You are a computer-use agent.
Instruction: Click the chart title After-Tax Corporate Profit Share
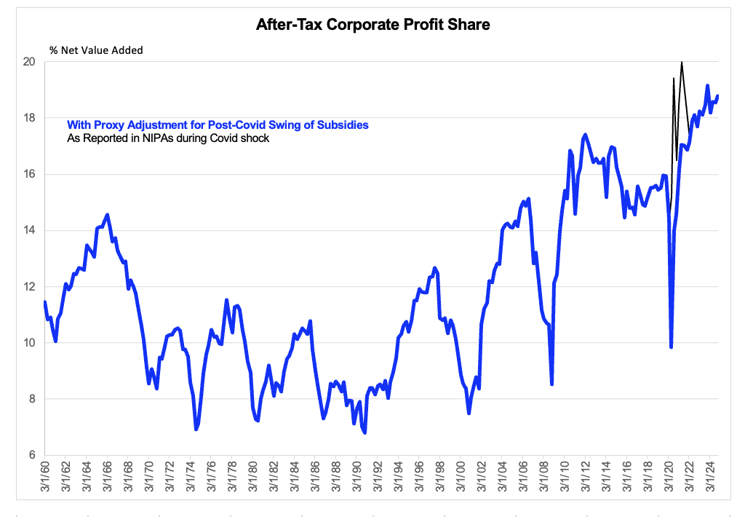click(x=372, y=25)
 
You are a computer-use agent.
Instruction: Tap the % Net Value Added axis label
click(x=96, y=50)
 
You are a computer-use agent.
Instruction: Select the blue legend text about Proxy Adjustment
click(x=218, y=125)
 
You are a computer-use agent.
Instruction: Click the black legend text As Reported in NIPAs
click(x=168, y=138)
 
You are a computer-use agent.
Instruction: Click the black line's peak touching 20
click(x=682, y=63)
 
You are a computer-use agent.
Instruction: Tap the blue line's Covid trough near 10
click(x=671, y=347)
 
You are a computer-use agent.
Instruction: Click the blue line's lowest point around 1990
click(x=364, y=433)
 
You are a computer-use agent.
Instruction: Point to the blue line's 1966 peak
click(x=108, y=215)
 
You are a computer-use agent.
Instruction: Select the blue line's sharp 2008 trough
click(x=552, y=384)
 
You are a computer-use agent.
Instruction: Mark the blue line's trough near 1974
click(x=196, y=430)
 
